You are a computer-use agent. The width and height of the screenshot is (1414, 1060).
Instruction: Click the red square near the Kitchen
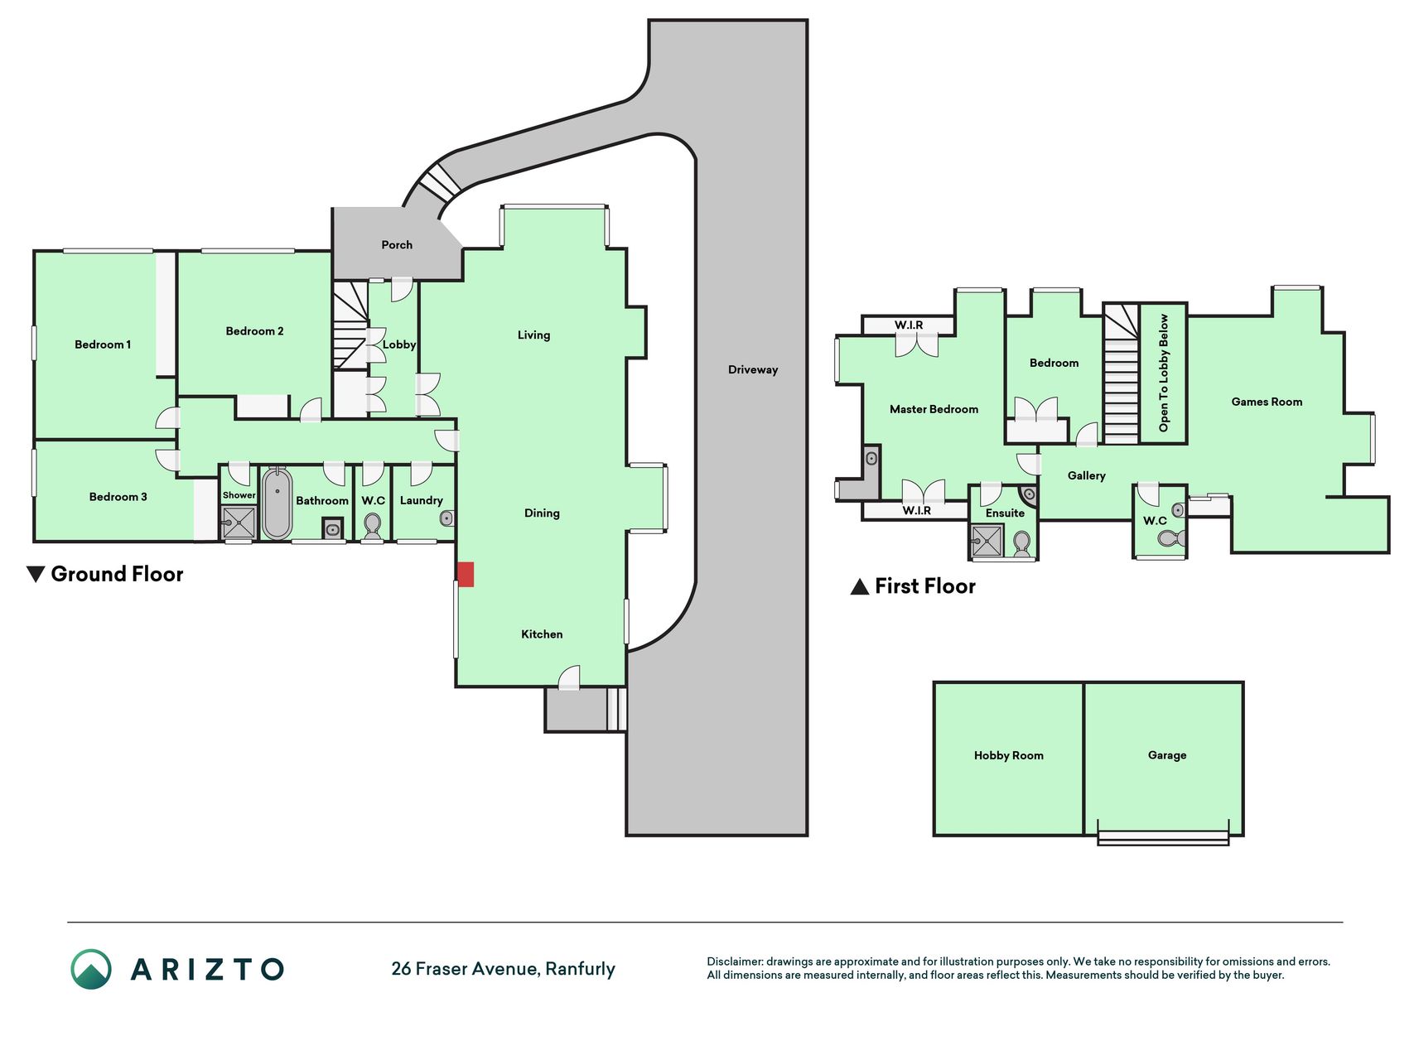[x=466, y=575]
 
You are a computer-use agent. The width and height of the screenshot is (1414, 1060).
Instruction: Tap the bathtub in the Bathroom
[x=277, y=503]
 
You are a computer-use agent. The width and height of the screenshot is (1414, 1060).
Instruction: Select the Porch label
[x=397, y=245]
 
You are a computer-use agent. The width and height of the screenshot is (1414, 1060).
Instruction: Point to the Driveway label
[x=753, y=369]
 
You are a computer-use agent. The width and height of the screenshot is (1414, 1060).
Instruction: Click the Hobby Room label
[x=1008, y=755]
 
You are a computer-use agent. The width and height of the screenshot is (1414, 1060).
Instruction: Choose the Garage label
[x=1167, y=755]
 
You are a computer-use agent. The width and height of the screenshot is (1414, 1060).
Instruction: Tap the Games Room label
[x=1267, y=402]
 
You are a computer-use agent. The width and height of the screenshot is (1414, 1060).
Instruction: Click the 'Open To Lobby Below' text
[x=1164, y=373]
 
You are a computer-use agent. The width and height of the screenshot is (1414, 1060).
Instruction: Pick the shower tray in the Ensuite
[x=987, y=542]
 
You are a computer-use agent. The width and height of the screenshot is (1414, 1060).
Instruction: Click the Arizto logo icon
[x=91, y=969]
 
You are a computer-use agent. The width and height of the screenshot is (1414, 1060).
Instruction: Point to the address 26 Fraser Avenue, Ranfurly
[x=503, y=969]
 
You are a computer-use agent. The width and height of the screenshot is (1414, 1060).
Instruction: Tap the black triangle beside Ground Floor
[x=36, y=574]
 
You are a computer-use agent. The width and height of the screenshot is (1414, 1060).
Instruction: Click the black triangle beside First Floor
[x=860, y=587]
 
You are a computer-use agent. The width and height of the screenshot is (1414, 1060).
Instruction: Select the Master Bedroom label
[x=934, y=409]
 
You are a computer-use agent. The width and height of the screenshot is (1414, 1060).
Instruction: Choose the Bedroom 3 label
[x=118, y=497]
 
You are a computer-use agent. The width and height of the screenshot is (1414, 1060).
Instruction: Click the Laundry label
[x=421, y=500]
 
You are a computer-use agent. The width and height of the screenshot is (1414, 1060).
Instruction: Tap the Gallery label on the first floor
[x=1086, y=475]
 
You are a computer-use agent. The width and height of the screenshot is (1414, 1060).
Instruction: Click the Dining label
[x=542, y=513]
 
